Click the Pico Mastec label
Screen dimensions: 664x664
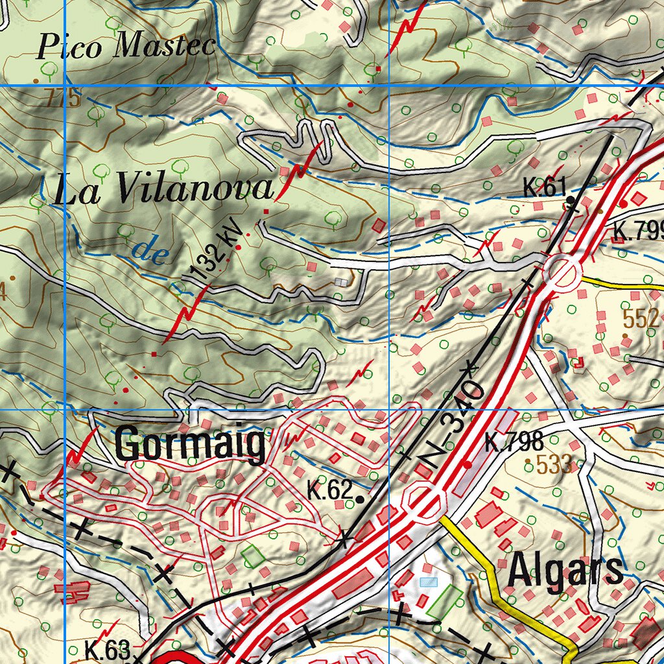tap(126, 47)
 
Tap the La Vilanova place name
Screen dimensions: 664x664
tap(163, 190)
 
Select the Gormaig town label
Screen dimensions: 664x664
tap(190, 445)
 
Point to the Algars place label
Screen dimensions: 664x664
tap(565, 571)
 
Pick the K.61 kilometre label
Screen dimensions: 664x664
tap(545, 189)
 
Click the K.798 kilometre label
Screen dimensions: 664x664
tap(514, 442)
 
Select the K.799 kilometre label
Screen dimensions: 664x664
tap(639, 231)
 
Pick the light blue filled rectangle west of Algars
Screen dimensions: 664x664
tap(429, 582)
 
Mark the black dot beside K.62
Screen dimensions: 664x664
tap(359, 499)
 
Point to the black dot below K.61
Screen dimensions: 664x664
tap(569, 200)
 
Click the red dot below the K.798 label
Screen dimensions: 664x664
tap(468, 464)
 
